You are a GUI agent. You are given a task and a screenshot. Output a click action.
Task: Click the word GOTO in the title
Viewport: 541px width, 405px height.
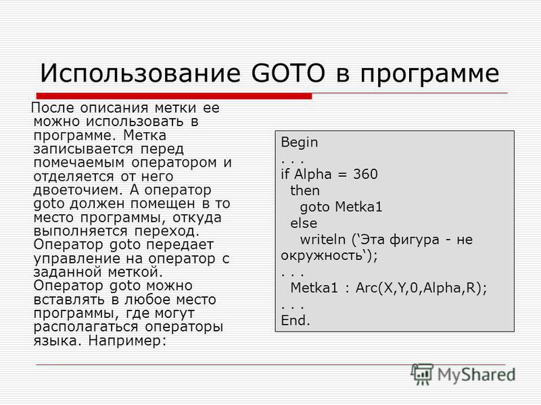[x=289, y=73]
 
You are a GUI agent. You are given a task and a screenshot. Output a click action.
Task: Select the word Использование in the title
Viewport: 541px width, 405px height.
[x=140, y=73]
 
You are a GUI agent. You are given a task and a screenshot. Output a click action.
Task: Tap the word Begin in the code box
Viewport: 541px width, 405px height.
[x=299, y=142]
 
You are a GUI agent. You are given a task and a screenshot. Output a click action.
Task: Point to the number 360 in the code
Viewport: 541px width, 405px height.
[x=365, y=174]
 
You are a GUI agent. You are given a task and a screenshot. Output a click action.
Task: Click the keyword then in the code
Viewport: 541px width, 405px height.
[x=305, y=190]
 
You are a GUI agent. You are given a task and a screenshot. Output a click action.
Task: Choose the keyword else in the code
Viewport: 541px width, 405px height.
[x=304, y=223]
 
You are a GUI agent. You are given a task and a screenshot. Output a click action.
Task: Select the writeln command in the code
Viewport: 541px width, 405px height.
[x=323, y=240]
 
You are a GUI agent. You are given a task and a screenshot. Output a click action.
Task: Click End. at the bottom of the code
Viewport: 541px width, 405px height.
[x=296, y=320]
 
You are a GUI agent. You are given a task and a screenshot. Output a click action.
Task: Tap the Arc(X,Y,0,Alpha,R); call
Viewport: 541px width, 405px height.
[x=421, y=288]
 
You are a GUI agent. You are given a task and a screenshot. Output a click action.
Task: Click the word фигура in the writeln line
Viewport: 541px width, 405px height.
[x=415, y=240]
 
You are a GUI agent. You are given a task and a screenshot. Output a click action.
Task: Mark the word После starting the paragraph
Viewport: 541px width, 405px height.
[x=53, y=108]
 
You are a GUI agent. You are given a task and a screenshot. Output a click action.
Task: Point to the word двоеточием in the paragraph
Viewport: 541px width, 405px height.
[x=78, y=190]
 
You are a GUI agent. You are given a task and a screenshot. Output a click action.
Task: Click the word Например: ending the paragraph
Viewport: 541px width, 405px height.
[x=127, y=341]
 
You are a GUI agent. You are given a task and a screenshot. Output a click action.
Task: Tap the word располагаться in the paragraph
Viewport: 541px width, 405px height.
[x=86, y=327]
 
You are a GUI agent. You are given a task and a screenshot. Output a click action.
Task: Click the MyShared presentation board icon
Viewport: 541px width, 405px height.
[x=421, y=374]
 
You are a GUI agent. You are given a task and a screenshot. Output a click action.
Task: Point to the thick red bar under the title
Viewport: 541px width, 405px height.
[x=174, y=96]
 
